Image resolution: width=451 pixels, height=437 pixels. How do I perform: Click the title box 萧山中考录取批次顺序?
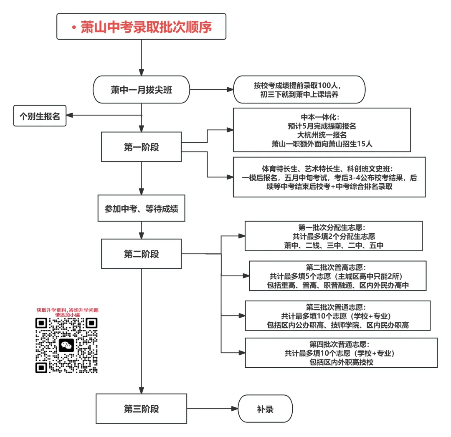point(141,27)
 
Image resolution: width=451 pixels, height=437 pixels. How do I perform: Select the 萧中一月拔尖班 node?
point(141,89)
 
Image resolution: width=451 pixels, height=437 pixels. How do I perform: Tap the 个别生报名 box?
point(40,116)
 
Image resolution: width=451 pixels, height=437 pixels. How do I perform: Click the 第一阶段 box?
point(141,147)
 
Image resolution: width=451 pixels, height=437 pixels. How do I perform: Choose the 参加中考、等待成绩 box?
point(141,208)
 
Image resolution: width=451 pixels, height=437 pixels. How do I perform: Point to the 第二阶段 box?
point(141,254)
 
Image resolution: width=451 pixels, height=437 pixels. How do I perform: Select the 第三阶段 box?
point(141,409)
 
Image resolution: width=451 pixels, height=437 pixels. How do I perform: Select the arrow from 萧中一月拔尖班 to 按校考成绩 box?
point(211,89)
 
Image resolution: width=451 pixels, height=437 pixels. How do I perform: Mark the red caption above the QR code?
point(67,312)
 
